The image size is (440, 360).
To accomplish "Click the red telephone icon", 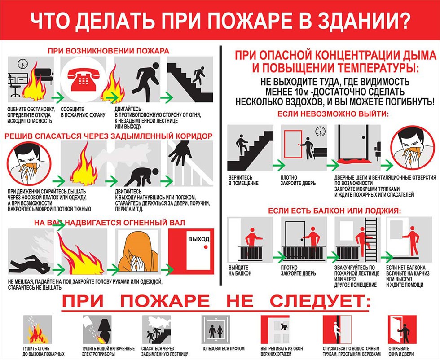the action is tap(84, 80).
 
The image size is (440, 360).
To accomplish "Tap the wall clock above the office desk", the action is tap(22, 64).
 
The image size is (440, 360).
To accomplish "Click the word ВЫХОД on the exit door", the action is tap(198, 239).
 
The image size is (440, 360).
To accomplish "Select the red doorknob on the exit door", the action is tap(206, 247).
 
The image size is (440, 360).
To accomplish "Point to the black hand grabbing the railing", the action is tap(180, 153).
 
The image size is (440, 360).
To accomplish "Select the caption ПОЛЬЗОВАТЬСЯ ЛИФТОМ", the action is tap(223, 348).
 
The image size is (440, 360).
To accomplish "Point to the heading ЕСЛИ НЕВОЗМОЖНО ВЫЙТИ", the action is tap(333, 114).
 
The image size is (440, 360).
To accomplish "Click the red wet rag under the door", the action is tap(353, 161).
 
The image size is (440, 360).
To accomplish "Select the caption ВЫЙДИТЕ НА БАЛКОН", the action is tap(240, 270).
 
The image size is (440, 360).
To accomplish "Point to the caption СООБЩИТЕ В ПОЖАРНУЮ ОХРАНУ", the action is tap(83, 112).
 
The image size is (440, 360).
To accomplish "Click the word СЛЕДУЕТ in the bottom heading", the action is tap(320, 301).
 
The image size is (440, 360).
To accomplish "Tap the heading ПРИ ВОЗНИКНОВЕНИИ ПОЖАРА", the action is tap(109, 51).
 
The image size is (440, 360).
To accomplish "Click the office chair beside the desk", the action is tap(14, 86).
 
